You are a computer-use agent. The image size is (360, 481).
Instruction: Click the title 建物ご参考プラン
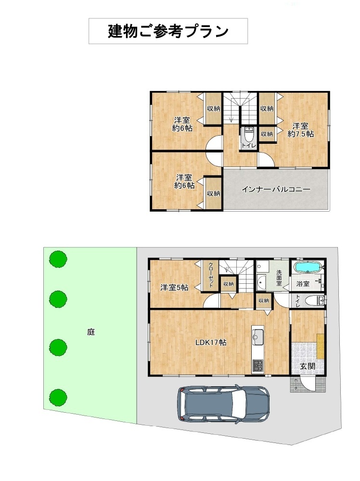pos(168,31)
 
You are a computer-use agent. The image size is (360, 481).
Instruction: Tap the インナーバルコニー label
pos(276,189)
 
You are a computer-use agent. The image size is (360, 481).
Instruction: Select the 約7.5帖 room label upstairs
pos(300,134)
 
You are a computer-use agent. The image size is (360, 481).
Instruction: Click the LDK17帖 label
pos(211,342)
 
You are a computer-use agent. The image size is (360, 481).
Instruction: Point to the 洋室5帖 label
pos(174,288)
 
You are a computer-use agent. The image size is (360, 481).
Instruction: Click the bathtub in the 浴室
pos(308,267)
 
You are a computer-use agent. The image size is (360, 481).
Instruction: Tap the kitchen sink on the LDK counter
pos(257,336)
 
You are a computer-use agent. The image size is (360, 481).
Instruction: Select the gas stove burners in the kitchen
pos(257,366)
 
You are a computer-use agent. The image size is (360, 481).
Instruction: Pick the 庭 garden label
pos(91,331)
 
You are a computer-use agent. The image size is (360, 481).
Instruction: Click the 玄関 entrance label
pos(308,366)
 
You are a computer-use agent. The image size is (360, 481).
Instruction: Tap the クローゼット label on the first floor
pos(211,275)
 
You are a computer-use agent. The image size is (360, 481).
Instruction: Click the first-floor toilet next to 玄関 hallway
pos(312,301)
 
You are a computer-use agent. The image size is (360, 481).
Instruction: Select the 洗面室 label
pos(279,278)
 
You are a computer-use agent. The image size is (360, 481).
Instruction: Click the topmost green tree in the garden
pos(58,259)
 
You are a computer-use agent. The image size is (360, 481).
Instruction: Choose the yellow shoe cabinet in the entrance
pos(320,345)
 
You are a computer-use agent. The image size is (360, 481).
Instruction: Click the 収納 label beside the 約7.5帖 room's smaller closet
pos(267,134)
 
